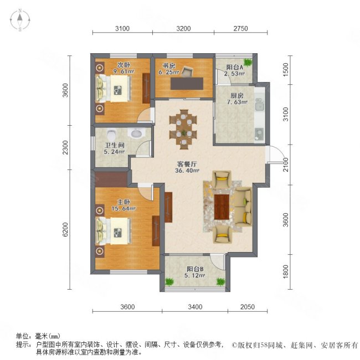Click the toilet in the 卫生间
tap(112, 133)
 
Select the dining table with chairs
tap(183, 128)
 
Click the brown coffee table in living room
tap(223, 206)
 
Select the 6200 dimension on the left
tap(65, 230)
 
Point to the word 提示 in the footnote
tap(24, 344)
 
